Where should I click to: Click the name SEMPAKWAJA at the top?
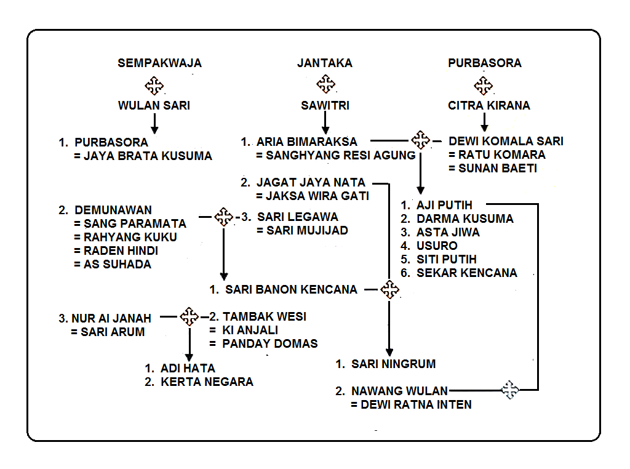(159, 63)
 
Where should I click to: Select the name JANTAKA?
(325, 63)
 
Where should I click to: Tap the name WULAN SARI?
(154, 105)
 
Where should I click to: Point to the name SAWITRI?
(325, 105)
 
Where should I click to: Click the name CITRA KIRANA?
(488, 105)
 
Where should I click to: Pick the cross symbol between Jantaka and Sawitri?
(325, 84)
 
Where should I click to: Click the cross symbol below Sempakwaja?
(154, 84)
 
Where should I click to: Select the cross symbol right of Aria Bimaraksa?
(421, 140)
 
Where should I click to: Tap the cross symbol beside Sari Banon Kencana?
(389, 289)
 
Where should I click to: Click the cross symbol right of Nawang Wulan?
(509, 390)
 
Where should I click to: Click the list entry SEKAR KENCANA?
(466, 273)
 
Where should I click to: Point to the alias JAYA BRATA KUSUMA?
(148, 156)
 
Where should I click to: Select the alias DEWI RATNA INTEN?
(416, 405)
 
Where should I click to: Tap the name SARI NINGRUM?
(393, 364)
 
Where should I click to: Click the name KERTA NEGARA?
(207, 382)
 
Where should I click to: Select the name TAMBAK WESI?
(264, 317)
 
